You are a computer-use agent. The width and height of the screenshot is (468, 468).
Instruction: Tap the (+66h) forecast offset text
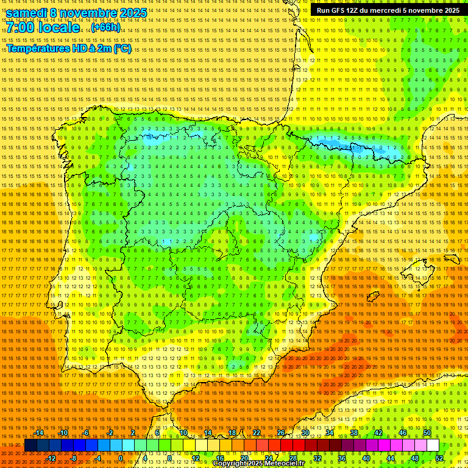click(x=105, y=27)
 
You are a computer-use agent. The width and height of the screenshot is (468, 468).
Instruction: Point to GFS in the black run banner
click(x=339, y=10)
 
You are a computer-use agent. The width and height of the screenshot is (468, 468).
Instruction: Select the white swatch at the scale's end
click(x=433, y=445)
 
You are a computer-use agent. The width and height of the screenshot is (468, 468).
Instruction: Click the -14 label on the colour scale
click(x=39, y=433)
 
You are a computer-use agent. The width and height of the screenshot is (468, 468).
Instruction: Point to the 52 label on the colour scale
click(x=439, y=458)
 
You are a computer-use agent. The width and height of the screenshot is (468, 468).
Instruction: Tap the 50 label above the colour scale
click(x=427, y=433)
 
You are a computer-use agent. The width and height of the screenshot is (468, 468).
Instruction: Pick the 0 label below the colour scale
click(x=121, y=458)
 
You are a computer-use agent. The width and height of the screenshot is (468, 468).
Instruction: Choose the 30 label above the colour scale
click(x=305, y=433)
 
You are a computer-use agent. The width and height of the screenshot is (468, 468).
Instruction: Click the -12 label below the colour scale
click(x=51, y=458)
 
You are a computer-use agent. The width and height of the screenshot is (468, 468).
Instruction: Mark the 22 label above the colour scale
click(x=257, y=433)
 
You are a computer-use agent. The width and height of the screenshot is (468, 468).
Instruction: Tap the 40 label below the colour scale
click(x=366, y=458)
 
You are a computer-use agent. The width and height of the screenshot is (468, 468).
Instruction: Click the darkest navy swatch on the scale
click(x=30, y=445)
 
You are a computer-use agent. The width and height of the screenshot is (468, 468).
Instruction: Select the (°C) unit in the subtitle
click(x=122, y=49)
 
